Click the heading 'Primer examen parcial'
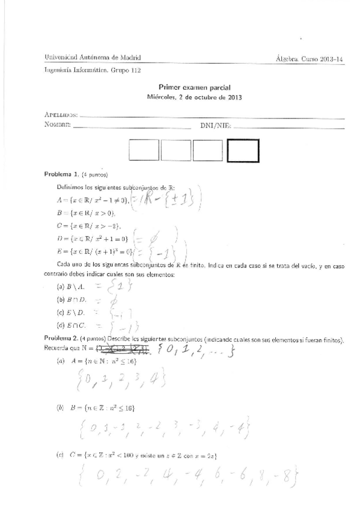pos(194,87)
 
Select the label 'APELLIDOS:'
pos(61,114)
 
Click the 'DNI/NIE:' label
pos(215,126)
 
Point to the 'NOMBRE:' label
pos(58,125)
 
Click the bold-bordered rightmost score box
pos(243,150)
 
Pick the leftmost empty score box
pos(144,150)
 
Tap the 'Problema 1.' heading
pos(63,174)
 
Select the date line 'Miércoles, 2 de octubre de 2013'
pos(195,97)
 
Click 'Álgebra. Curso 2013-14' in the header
pos(309,58)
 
